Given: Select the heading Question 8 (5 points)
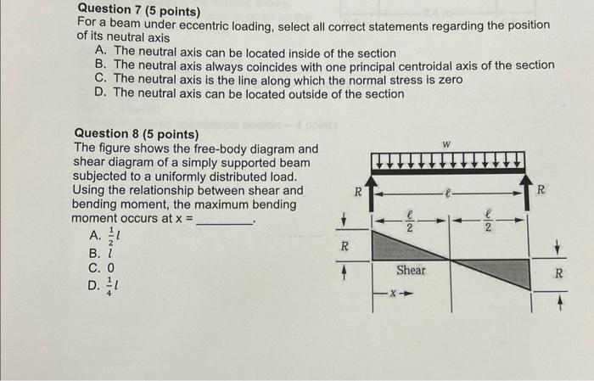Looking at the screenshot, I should click(137, 134).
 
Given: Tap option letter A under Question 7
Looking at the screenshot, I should click(101, 53).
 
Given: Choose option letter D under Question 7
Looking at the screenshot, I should click(101, 93).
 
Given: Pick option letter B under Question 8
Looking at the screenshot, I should click(92, 252).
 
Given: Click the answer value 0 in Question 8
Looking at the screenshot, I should click(110, 267).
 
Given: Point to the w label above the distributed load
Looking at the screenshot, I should click(446, 144).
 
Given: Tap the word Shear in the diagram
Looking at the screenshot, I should click(412, 270).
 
